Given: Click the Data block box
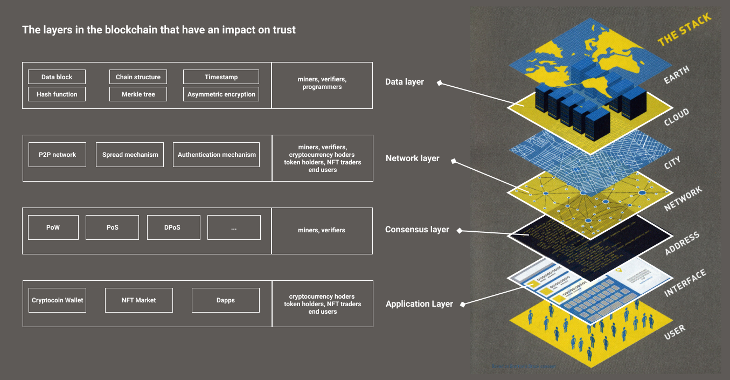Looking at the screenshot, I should tap(57, 77).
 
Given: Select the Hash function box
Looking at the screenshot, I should tap(57, 94).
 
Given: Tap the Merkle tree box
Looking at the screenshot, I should tap(138, 94).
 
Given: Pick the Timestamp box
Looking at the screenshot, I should tap(221, 77).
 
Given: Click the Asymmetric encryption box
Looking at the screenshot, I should tap(221, 94).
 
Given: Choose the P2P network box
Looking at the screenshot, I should tap(57, 155).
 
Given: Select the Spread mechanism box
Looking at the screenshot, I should tap(130, 155).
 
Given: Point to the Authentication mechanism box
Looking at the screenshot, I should tap(217, 155).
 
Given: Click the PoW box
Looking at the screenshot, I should tap(53, 227).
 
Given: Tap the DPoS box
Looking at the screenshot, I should tap(173, 227).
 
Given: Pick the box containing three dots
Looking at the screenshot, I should tap(234, 227).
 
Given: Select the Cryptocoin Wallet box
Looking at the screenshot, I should tap(57, 300).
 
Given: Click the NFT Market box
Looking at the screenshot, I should tap(138, 300).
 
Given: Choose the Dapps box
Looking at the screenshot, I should tap(225, 300).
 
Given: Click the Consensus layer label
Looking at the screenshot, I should tap(417, 230).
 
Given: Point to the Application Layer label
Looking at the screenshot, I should tap(419, 304).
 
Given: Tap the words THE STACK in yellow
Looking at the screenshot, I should tap(684, 30).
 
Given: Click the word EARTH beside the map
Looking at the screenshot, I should tap(676, 75).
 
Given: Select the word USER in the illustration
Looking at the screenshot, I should tap(675, 332).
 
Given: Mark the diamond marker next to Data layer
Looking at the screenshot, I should tap(439, 83).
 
